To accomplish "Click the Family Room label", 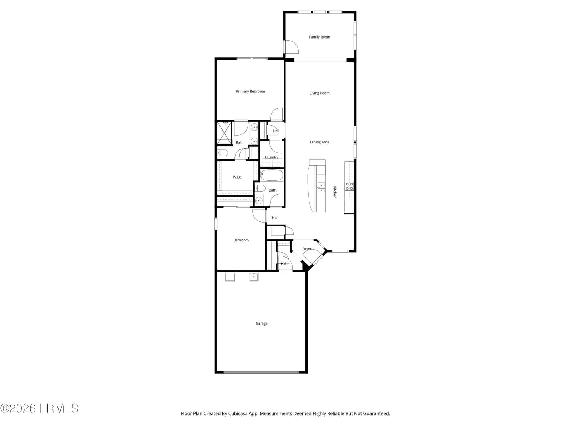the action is point(319,37).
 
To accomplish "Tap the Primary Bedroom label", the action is point(250,91).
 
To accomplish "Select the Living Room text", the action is point(319,93).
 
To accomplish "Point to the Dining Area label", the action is point(319,142).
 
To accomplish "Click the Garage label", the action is point(261,323).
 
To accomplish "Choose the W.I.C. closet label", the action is point(237,177).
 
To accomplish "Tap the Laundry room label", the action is point(271,157).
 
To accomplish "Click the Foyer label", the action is point(307,249).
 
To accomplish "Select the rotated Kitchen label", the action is point(335,192).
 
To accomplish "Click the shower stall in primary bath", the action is point(224,133).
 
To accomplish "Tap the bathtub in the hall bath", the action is point(271,175).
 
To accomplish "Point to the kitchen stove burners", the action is point(349,186).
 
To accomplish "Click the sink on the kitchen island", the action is point(321,187).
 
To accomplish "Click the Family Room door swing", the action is point(292,47).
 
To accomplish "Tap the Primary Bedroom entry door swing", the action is point(277,114).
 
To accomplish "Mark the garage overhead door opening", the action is point(261,372).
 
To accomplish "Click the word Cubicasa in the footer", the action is point(238,413).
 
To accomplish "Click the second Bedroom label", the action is point(241,240).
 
